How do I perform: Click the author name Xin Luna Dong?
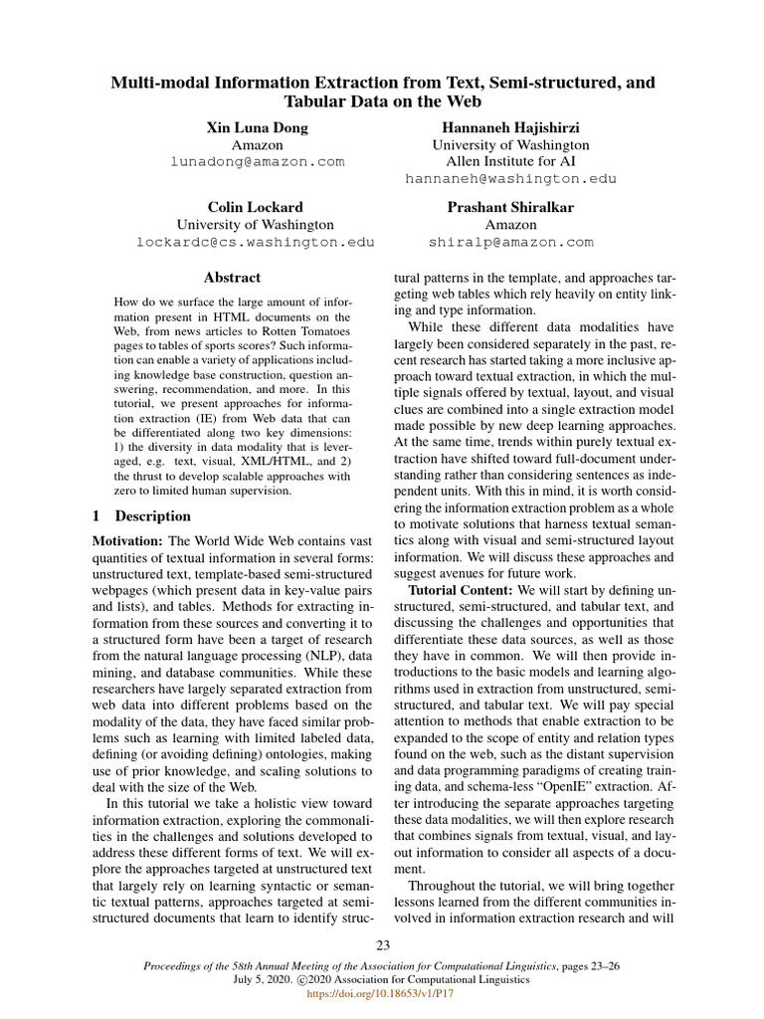257,127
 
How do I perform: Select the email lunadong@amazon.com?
257,161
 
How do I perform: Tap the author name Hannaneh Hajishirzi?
510,127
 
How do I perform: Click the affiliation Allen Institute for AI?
510,161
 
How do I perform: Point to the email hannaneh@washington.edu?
510,179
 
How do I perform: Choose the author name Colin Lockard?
255,207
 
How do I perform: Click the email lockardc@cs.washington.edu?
255,242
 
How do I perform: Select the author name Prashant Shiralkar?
510,207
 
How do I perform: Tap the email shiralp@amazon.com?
510,242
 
